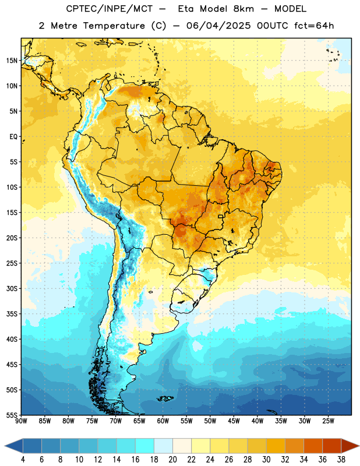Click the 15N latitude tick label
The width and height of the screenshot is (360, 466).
12,61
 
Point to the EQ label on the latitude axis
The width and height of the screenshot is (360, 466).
13,137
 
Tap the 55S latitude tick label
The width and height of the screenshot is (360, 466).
12,415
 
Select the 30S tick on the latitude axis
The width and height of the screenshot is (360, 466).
12,288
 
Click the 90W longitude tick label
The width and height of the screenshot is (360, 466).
21,421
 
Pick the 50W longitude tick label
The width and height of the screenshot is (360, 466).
210,421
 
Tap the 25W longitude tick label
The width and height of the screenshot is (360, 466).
328,421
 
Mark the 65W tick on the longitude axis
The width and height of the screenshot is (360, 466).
139,421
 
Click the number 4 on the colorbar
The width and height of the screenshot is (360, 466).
23,460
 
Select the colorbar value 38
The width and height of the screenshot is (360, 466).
341,460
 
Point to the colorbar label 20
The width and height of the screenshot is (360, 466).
172,460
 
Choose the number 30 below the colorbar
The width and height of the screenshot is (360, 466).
266,460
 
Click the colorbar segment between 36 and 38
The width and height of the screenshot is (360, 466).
332,446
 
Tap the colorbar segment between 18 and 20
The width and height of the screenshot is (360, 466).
164,446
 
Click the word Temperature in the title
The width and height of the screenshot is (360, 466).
114,26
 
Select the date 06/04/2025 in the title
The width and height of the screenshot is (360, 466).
218,26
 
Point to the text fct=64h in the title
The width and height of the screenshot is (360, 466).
314,26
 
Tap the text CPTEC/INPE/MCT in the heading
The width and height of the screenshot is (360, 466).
110,9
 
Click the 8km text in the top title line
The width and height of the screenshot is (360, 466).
243,9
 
